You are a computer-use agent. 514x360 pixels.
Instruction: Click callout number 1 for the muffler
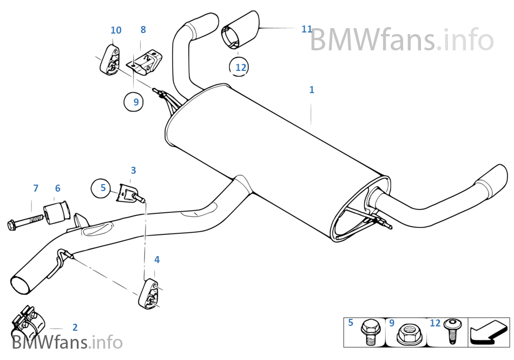(x=312, y=90)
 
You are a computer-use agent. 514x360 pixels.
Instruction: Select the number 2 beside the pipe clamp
(x=75, y=327)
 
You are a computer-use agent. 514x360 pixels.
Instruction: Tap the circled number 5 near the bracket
(x=103, y=188)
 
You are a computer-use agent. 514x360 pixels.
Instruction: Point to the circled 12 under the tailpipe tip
(x=241, y=67)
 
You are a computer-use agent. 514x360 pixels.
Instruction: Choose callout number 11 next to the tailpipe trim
(x=307, y=29)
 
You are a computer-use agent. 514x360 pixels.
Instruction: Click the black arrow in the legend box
(x=489, y=332)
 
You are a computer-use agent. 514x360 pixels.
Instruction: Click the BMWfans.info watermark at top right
(x=401, y=40)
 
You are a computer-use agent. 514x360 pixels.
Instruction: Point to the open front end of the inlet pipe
(x=21, y=285)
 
